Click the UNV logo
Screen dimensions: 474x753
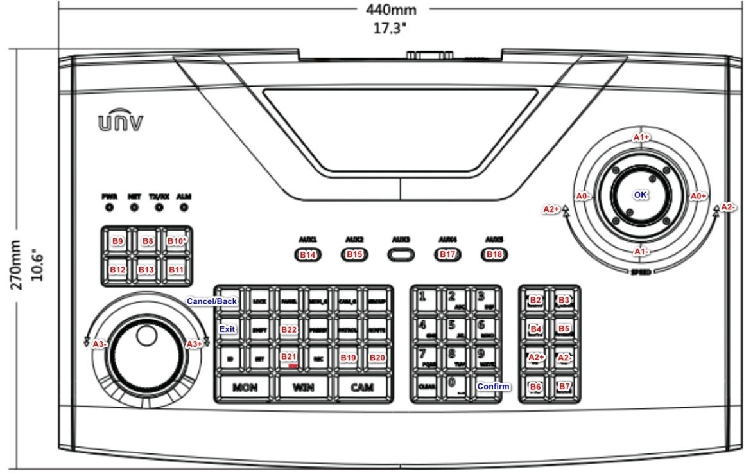(120, 121)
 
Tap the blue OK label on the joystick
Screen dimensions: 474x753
(640, 195)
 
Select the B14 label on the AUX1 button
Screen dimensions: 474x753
(308, 254)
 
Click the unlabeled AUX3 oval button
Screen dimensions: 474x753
(401, 254)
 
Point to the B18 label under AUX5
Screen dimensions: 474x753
(494, 254)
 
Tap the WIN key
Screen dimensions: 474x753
(304, 387)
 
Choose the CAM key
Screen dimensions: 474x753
(363, 387)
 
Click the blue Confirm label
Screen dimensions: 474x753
(493, 386)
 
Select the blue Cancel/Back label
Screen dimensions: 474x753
(212, 301)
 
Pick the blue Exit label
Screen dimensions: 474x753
(227, 329)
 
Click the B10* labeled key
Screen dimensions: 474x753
(177, 241)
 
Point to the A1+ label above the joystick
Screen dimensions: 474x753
(641, 137)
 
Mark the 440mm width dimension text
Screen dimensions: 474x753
(391, 10)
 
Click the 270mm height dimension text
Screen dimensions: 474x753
(17, 265)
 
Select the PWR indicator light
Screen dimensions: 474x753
(108, 207)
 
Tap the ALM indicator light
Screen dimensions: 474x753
(184, 207)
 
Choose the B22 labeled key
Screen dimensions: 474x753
(289, 329)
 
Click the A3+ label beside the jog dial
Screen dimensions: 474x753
(194, 344)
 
